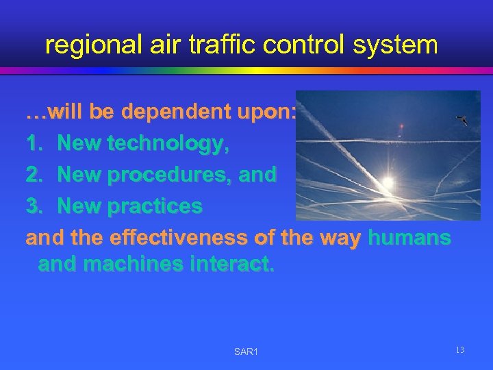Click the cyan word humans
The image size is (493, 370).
[409, 238]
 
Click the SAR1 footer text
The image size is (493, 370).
[246, 351]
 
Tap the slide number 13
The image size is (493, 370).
[459, 350]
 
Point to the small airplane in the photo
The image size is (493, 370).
[463, 121]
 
